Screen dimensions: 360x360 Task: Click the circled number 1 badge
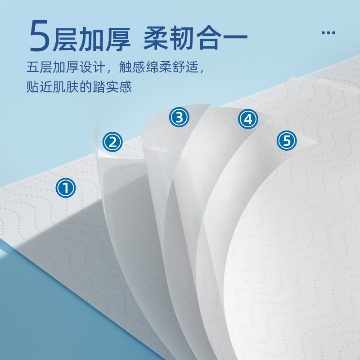66,188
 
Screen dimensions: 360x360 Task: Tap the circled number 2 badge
112,142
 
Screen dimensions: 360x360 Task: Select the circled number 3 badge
179,117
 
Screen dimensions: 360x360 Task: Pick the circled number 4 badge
248,119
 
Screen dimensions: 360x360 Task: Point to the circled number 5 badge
287,140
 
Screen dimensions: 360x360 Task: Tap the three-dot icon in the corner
328,33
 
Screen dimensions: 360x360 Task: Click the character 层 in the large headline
65,38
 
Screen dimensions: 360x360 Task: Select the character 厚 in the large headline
118,38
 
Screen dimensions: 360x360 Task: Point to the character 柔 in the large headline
156,38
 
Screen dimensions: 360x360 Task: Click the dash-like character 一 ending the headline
235,37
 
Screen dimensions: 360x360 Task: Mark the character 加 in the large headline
91,38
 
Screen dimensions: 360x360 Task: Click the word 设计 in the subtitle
92,67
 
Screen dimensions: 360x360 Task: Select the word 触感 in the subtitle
132,67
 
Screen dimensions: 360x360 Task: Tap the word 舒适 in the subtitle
185,67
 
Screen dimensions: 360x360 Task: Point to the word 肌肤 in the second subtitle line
66,87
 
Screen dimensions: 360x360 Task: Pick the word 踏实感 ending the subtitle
112,87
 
